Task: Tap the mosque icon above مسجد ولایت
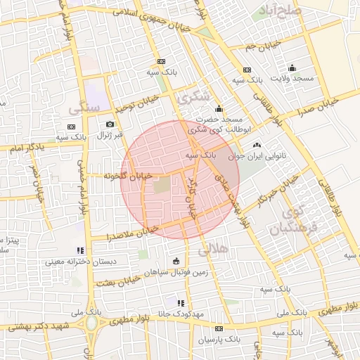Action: click(292, 68)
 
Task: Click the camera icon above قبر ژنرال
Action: click(110, 124)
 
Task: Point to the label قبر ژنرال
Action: click(109, 134)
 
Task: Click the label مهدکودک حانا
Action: click(182, 314)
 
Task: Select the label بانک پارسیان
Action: click(218, 340)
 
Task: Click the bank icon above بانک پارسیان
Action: click(219, 329)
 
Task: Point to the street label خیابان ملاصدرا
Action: click(131, 233)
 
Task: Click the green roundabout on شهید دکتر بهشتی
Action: click(92, 323)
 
